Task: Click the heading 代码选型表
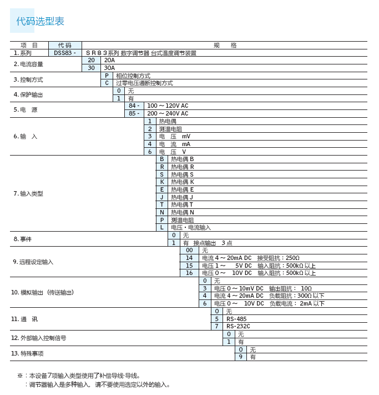pos(40,22)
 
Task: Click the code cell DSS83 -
pos(65,53)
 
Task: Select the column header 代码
pos(65,46)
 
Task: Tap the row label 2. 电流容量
pos(28,64)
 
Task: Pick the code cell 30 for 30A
pos(91,68)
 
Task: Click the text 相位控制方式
pos(133,76)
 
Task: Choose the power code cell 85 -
pos(134,113)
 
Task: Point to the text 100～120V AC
pos(168,106)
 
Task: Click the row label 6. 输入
pos(26,136)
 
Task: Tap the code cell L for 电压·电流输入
pos(162,227)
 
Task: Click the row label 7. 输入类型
pos(28,193)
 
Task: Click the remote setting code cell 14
pos(189,258)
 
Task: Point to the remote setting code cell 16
pos(189,273)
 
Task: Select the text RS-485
pos(236,319)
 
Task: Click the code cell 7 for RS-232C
pos(217,326)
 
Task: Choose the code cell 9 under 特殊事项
pos(241,357)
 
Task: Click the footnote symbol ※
pos(20,376)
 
